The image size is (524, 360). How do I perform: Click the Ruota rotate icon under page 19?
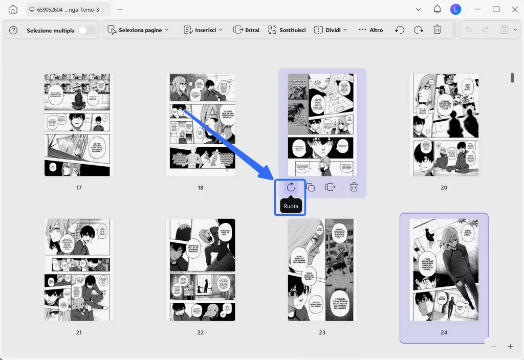click(x=291, y=187)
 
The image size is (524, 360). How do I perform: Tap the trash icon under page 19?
click(x=354, y=187)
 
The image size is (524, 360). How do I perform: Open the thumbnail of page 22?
click(x=201, y=270)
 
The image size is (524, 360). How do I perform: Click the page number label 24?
click(x=444, y=332)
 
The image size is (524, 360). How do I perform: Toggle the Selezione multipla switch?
click(x=87, y=30)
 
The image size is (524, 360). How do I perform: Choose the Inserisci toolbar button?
click(x=203, y=30)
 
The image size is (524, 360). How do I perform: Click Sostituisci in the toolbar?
click(x=287, y=30)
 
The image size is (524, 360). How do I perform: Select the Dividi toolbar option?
click(x=331, y=30)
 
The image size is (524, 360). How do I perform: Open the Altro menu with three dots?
click(x=370, y=30)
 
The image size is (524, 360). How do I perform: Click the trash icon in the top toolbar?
click(x=437, y=30)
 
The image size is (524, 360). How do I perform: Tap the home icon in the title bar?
click(x=13, y=9)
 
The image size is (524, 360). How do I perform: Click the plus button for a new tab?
click(x=120, y=9)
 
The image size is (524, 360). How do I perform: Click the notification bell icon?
click(x=437, y=9)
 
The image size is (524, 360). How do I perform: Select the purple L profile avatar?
click(x=455, y=9)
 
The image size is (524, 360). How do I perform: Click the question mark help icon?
click(x=13, y=30)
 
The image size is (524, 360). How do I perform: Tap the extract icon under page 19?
click(x=330, y=187)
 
